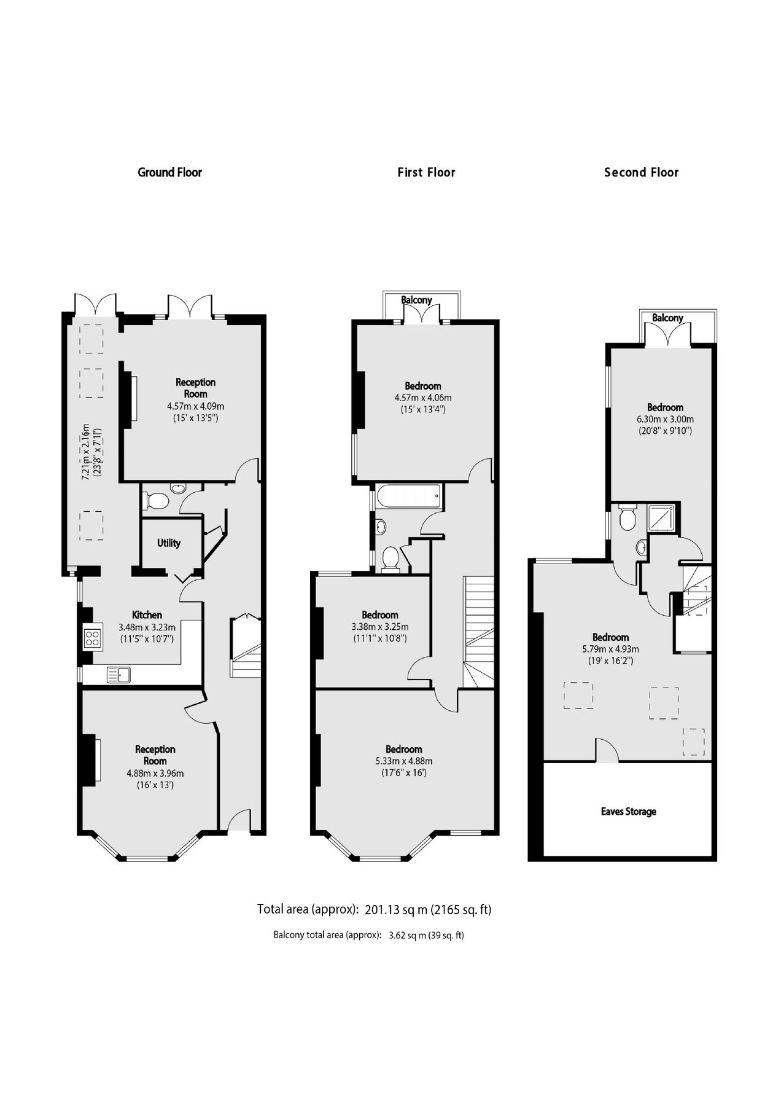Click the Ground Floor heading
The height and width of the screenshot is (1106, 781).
point(169,172)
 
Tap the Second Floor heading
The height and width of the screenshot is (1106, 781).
point(641,172)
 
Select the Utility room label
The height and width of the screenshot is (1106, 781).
point(168,543)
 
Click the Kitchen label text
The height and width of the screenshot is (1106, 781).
point(147,615)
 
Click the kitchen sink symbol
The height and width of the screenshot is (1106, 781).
point(118,675)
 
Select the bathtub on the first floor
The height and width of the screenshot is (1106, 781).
point(408,495)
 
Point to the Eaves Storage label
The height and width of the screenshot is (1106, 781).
point(628,812)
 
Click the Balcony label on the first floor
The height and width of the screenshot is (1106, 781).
point(416,300)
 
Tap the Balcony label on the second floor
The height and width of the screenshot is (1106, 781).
point(667,318)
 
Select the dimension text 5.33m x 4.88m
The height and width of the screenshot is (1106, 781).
point(403,761)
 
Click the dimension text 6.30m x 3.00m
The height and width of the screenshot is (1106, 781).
point(665,419)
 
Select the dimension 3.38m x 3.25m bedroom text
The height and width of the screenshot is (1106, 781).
point(379,627)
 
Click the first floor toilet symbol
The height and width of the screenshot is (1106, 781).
point(390,559)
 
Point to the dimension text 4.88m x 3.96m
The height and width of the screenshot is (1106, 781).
point(155,773)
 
